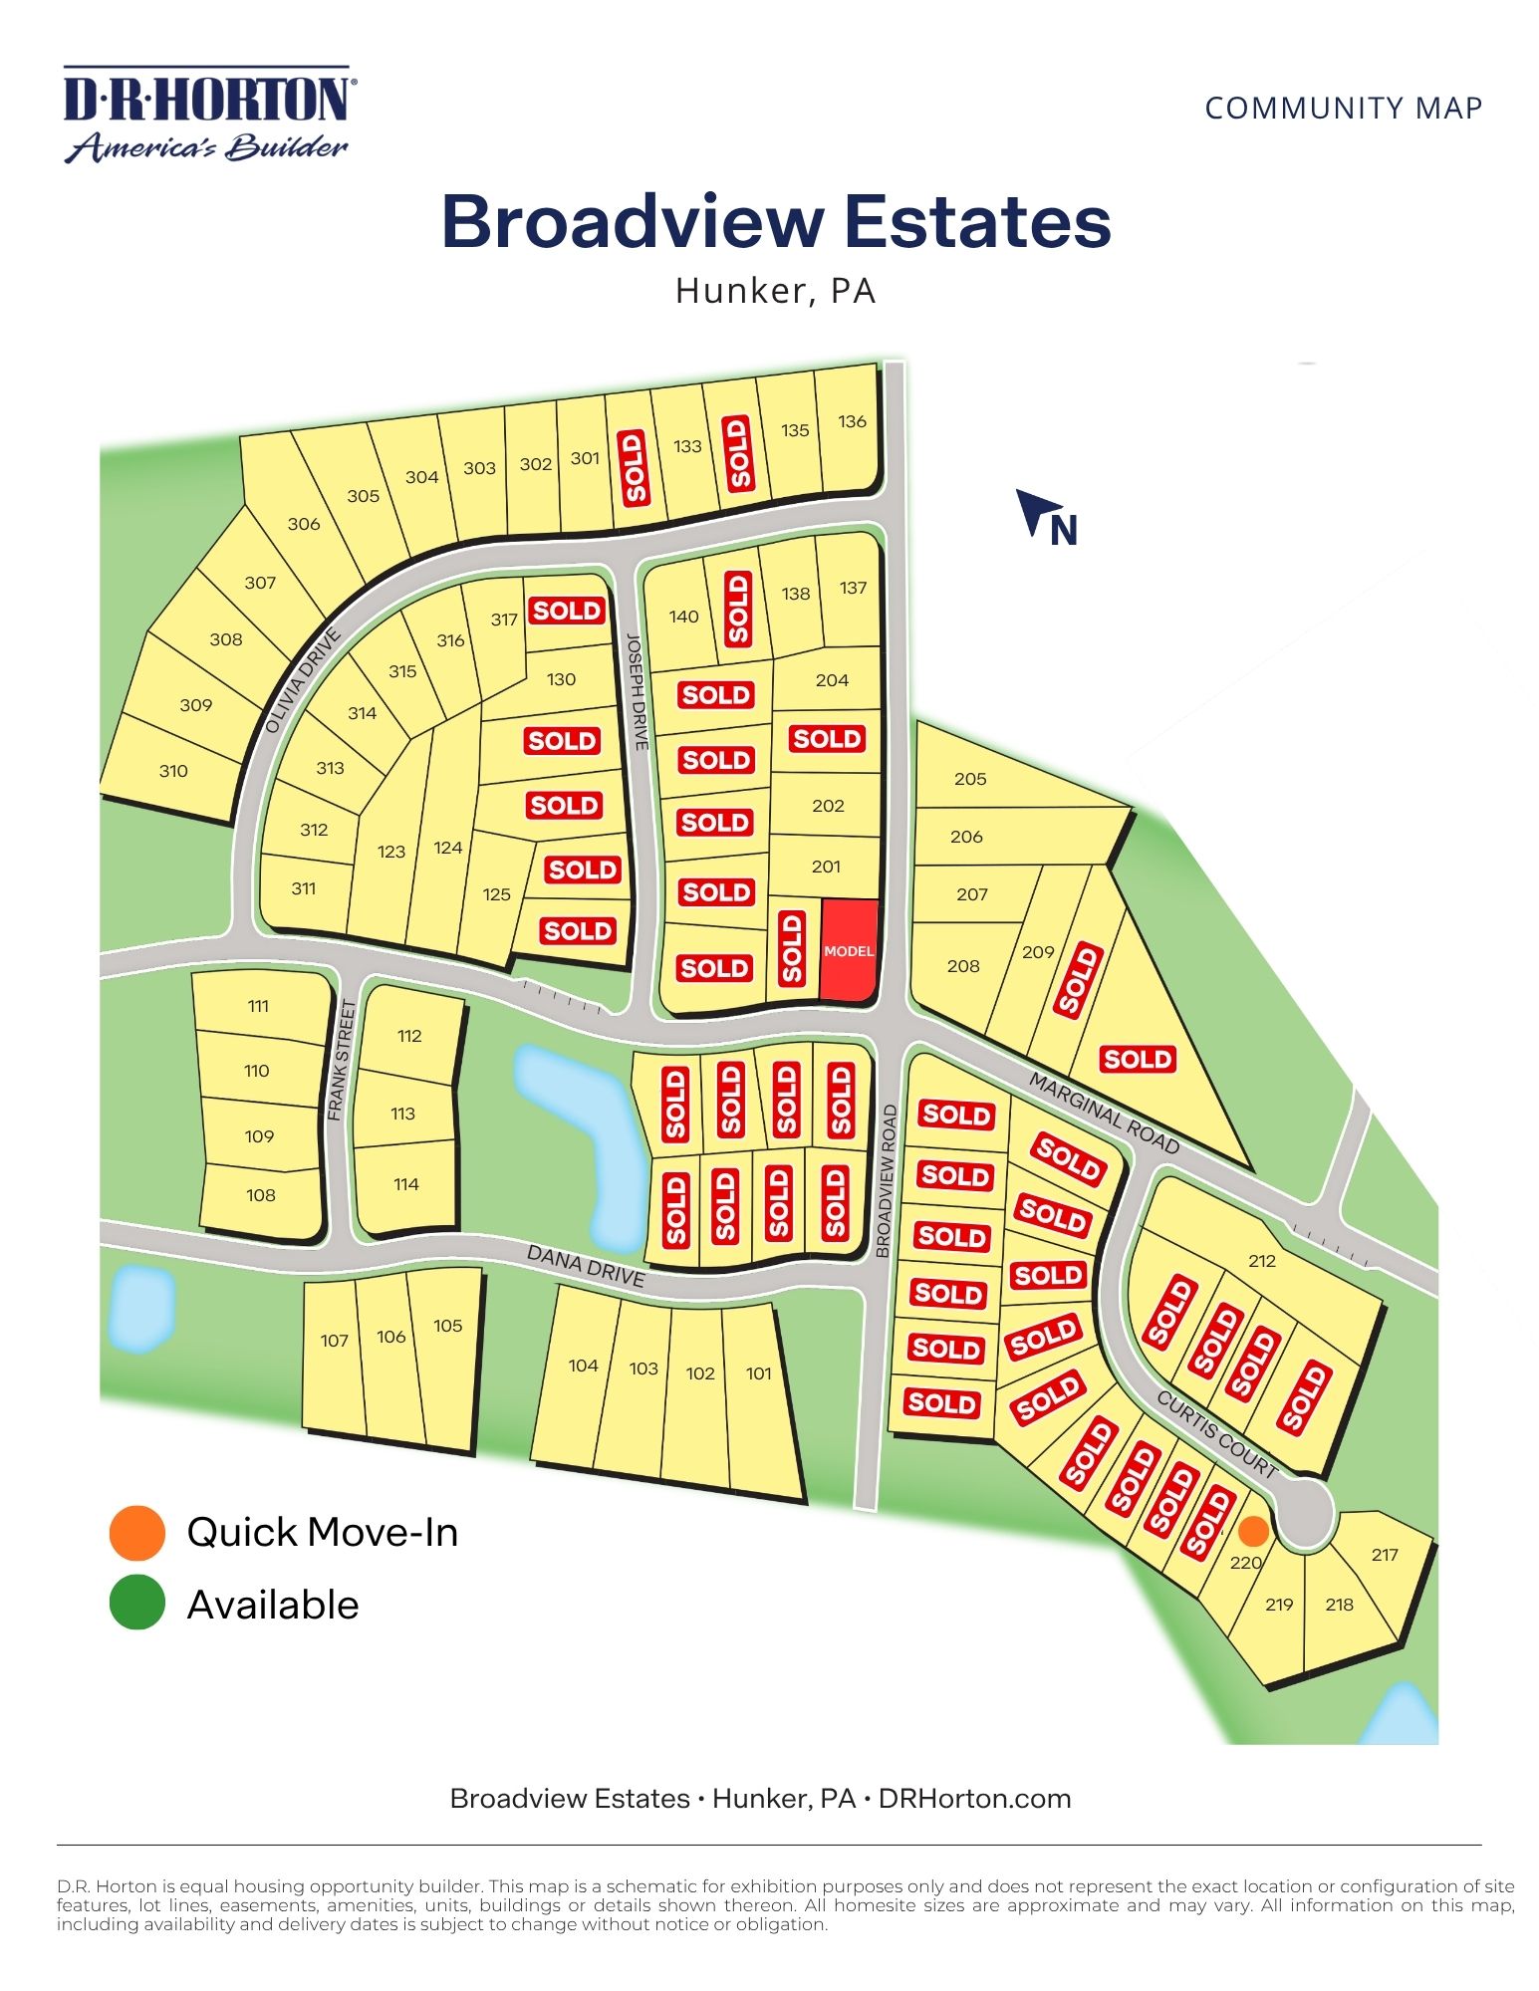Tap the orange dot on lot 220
click(1253, 1531)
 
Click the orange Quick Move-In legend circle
click(136, 1532)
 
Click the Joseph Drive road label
click(638, 691)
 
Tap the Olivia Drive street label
click(303, 681)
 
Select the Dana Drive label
click(586, 1265)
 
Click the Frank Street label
click(340, 1060)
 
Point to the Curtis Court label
click(1216, 1433)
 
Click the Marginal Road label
click(1104, 1114)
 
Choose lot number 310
click(173, 770)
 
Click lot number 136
click(852, 421)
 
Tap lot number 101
click(759, 1373)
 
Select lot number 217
click(1385, 1554)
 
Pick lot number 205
click(970, 779)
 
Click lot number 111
click(259, 1006)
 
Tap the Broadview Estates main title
click(776, 221)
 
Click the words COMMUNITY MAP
click(1343, 108)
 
